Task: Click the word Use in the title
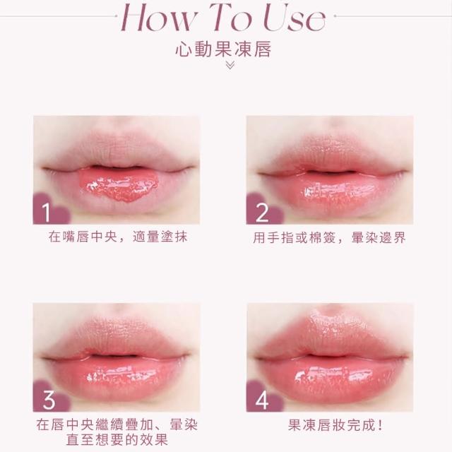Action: click(x=295, y=18)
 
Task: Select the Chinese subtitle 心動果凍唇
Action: click(x=223, y=49)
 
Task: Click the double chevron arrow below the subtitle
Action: click(x=230, y=66)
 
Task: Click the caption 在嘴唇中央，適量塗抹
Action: click(x=118, y=237)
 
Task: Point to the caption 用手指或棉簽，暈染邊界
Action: click(x=330, y=238)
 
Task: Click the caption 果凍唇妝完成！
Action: click(x=335, y=425)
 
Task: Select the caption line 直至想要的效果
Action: click(x=117, y=440)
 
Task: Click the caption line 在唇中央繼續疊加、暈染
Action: click(x=117, y=425)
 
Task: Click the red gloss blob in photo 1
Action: click(x=118, y=185)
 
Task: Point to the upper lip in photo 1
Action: click(x=117, y=151)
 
